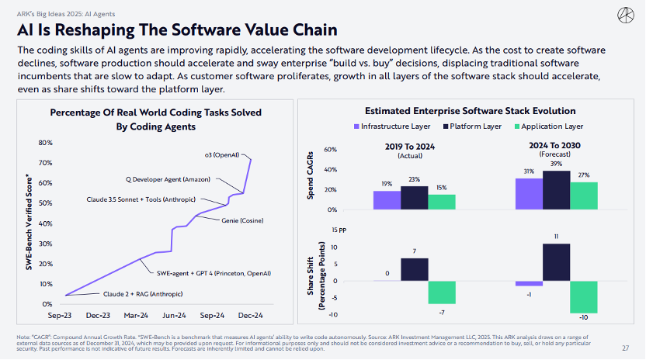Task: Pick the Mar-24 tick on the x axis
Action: (137, 317)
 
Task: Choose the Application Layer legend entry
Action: (551, 126)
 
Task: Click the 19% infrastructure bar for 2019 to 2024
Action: (387, 200)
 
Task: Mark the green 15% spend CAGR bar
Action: (442, 202)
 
